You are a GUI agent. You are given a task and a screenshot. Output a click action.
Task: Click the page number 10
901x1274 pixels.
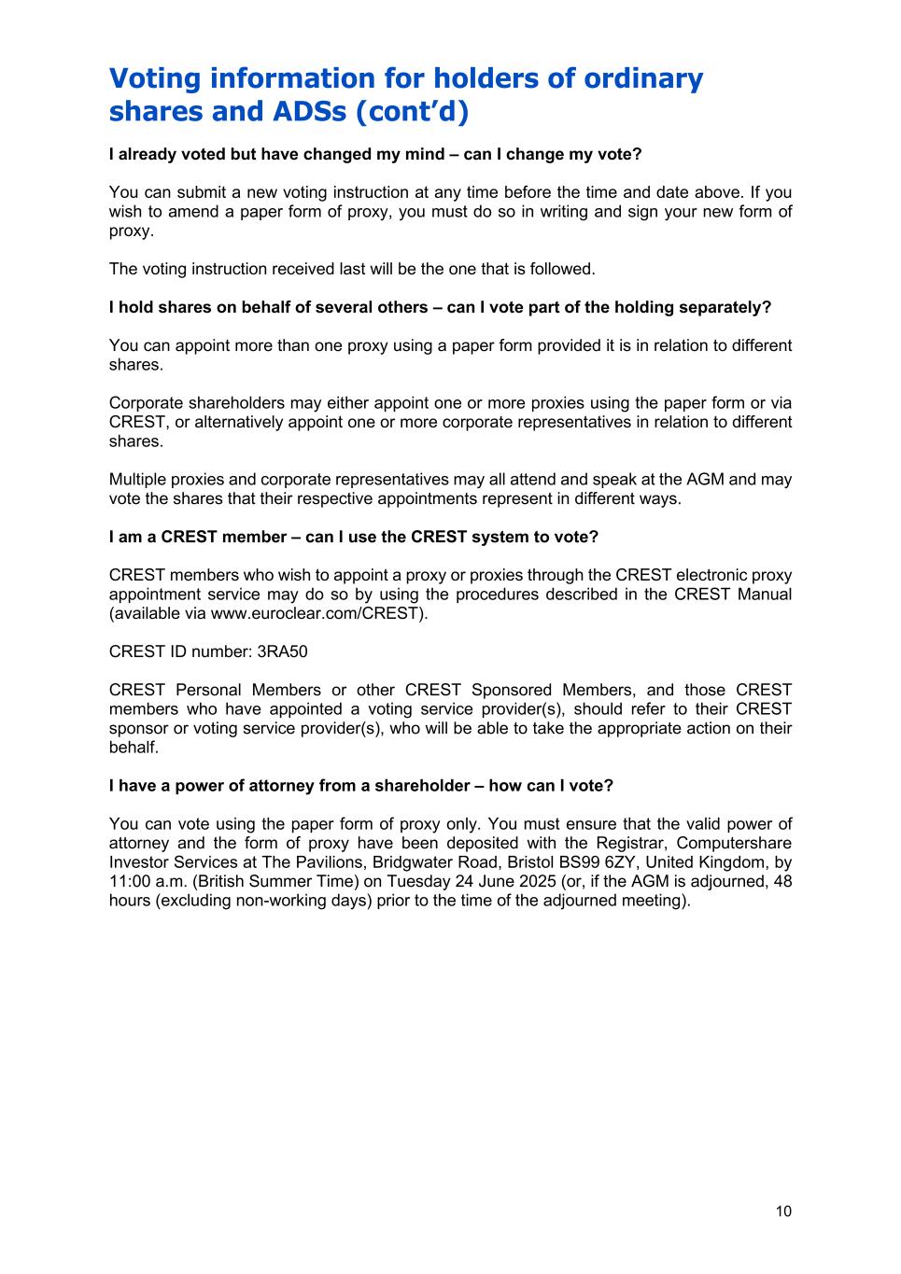(x=782, y=1211)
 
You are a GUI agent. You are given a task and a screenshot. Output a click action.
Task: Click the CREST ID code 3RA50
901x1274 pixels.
(x=282, y=651)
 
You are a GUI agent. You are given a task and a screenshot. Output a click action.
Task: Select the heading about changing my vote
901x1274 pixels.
(x=375, y=154)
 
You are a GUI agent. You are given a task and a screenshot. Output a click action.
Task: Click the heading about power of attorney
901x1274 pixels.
(x=360, y=785)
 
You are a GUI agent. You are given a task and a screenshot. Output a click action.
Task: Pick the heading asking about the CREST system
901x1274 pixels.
(x=353, y=537)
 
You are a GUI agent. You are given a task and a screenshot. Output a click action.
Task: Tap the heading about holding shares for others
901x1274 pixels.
(x=440, y=307)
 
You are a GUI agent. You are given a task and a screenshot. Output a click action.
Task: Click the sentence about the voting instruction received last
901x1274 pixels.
(x=351, y=269)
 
